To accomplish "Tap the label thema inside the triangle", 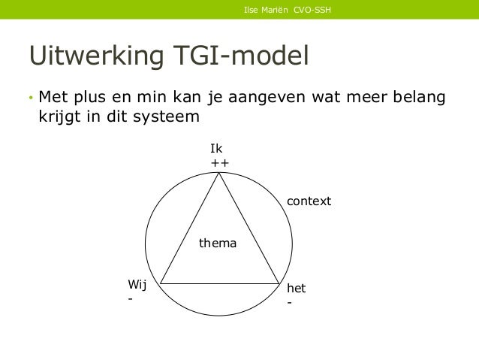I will pyautogui.click(x=217, y=244).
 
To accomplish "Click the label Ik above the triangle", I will pyautogui.click(x=215, y=149).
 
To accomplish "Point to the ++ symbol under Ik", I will pyautogui.click(x=219, y=163).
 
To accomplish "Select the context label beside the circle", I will pyautogui.click(x=309, y=202).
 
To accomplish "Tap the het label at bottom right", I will pyautogui.click(x=296, y=289).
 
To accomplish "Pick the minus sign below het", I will pyautogui.click(x=289, y=304).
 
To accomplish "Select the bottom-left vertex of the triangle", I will pyautogui.click(x=160, y=284).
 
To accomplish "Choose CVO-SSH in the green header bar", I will pyautogui.click(x=314, y=10).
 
